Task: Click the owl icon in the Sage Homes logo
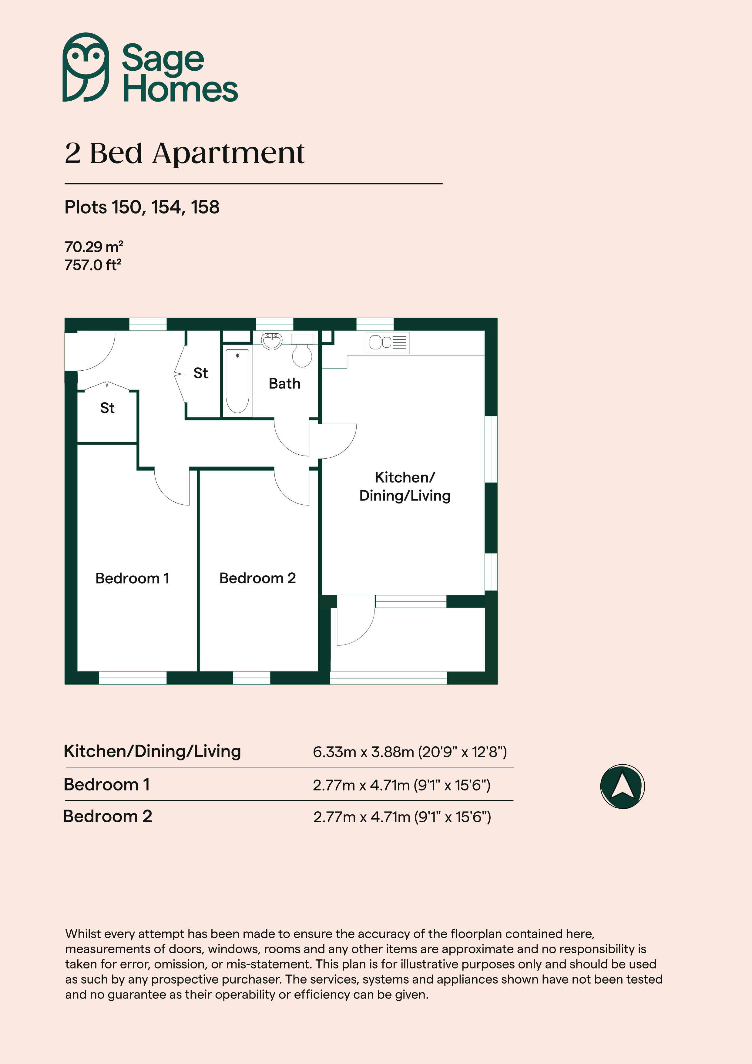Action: [86, 67]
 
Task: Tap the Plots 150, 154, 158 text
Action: [142, 207]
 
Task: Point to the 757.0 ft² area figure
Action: [93, 265]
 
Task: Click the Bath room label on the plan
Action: [284, 384]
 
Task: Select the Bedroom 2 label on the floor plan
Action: [258, 578]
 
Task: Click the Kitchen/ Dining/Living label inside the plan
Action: [405, 487]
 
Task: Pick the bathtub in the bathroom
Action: [237, 381]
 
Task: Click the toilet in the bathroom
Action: [302, 351]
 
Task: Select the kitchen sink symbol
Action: [387, 343]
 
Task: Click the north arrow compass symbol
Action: [622, 786]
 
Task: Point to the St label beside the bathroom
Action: [201, 373]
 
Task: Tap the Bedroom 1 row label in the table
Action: [106, 785]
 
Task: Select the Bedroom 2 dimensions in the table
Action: [402, 817]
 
